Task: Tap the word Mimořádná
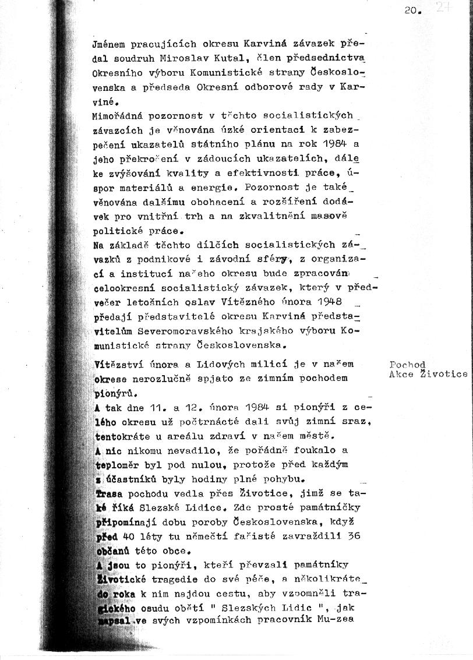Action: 118,115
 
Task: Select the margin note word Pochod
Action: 407,365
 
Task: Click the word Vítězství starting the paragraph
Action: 119,364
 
